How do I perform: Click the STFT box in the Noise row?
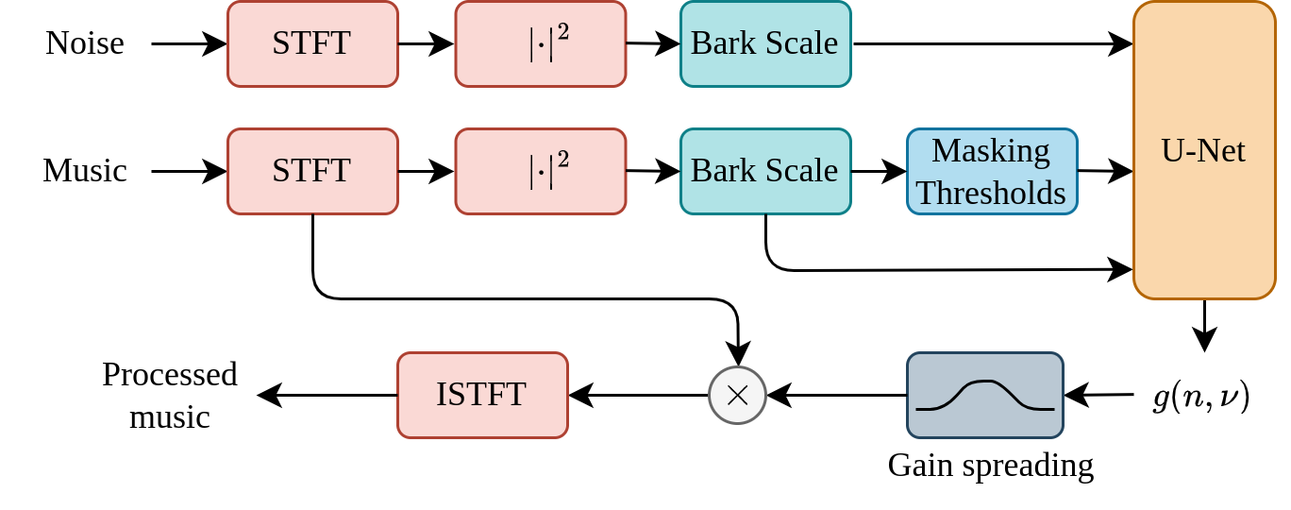coord(312,43)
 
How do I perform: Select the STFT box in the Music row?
coord(312,171)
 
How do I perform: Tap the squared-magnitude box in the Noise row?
coord(541,43)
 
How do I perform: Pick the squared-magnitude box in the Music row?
coord(541,171)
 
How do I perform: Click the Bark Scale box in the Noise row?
coord(765,43)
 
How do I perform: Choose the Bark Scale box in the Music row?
coord(765,171)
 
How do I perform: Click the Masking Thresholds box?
coord(992,171)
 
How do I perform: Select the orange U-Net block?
coord(1204,150)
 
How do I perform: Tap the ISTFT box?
coord(482,395)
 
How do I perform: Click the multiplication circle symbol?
coord(737,395)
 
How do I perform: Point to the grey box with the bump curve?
coord(985,395)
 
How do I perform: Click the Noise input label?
coord(85,43)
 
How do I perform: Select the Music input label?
coord(85,171)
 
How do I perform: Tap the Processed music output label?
coord(170,395)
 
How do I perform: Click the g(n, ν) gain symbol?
coord(1201,397)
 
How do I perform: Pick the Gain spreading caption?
coord(991,466)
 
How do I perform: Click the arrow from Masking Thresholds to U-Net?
coord(1105,171)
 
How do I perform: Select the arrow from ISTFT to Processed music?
coord(327,395)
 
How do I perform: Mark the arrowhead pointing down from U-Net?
coord(1204,339)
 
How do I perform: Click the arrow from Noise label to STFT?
coord(189,43)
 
